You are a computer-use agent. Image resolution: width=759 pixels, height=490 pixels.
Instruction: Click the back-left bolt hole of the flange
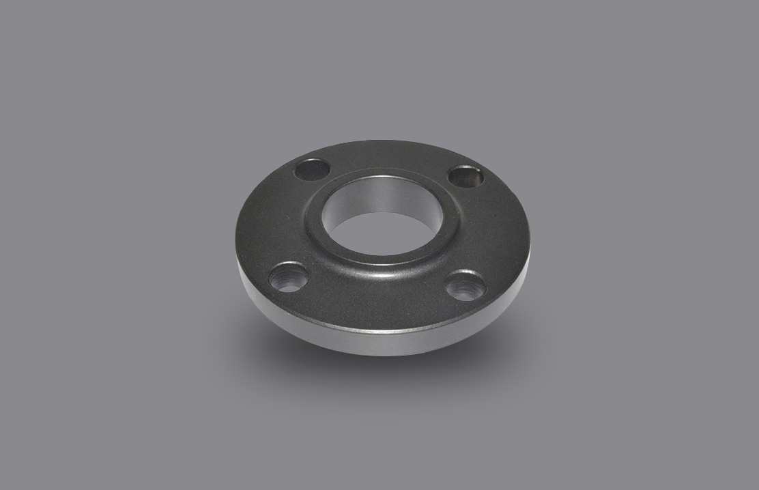pos(311,169)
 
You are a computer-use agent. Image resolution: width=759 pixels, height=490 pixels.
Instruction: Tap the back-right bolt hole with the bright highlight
pos(466,177)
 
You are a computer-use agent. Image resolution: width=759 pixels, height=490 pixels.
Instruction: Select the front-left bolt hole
pos(287,277)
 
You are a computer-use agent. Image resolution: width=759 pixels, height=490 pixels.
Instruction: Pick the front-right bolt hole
pos(466,285)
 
